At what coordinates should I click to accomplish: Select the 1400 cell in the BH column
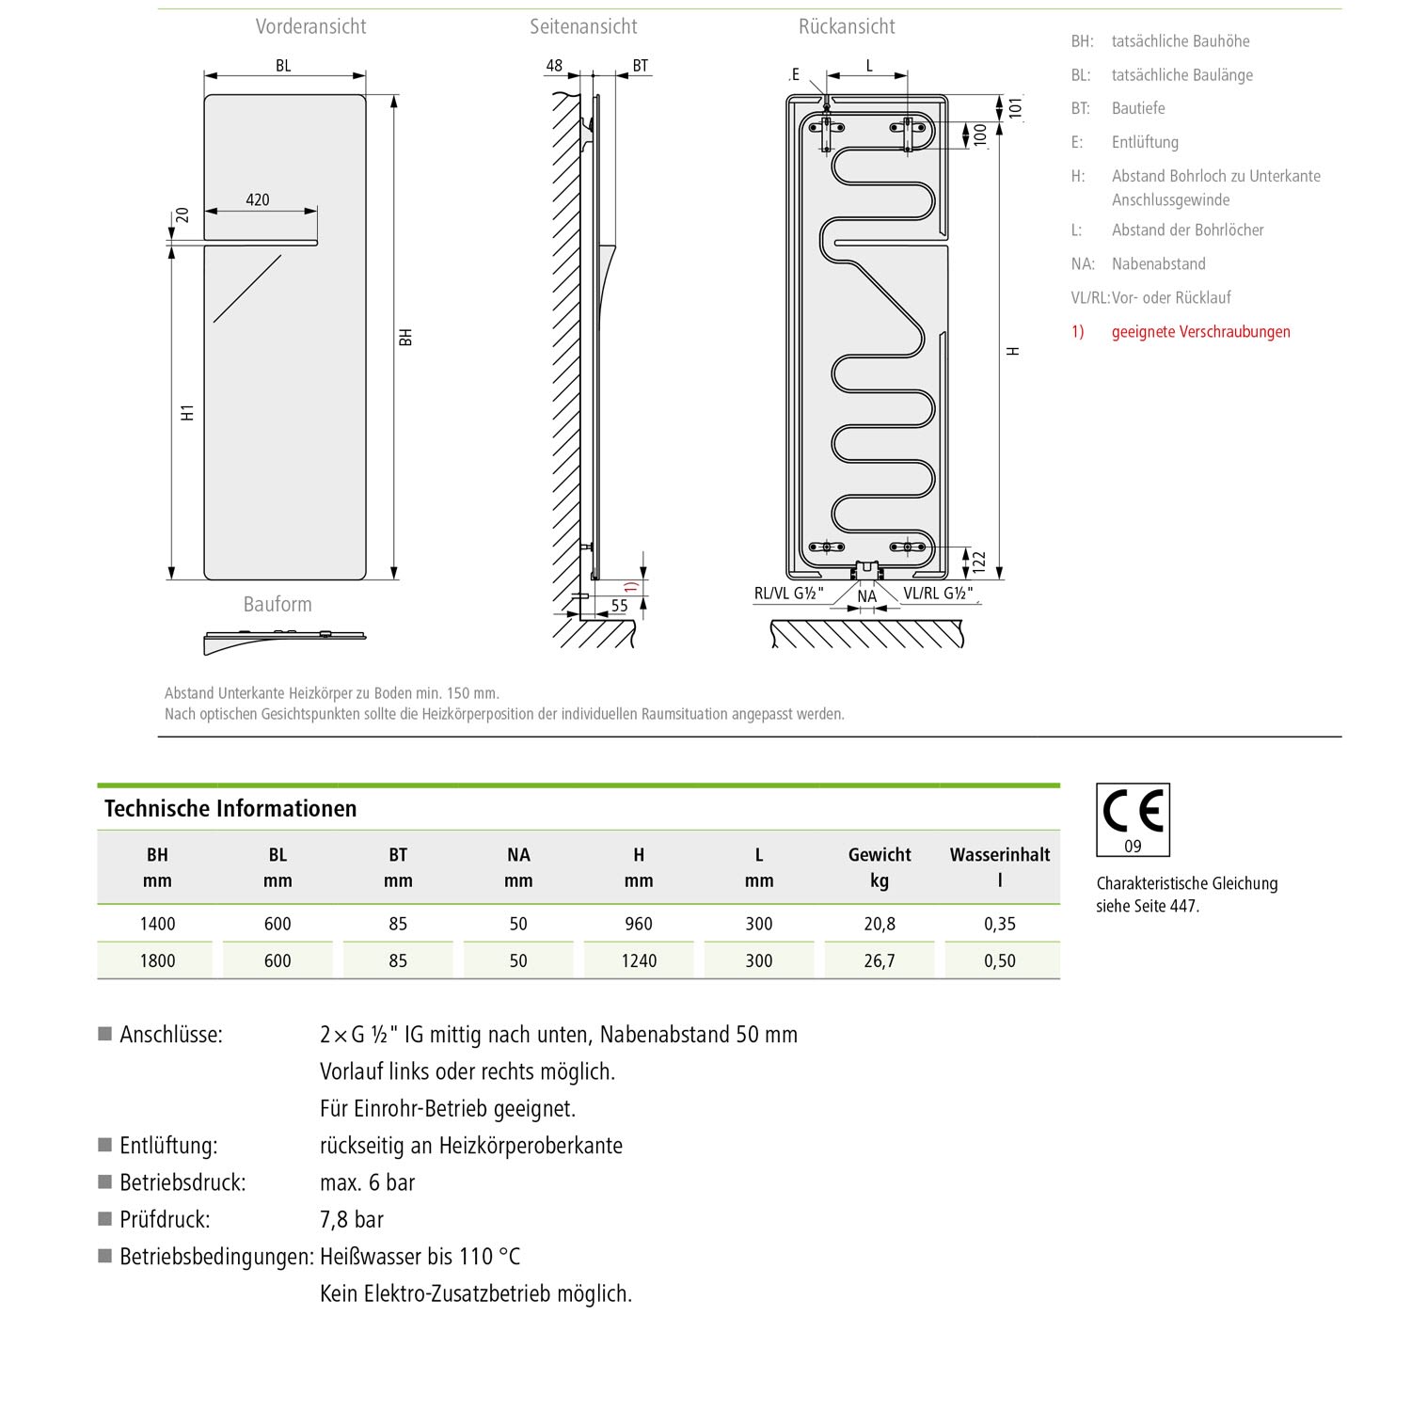tap(157, 924)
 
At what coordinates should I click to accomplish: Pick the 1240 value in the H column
tap(639, 960)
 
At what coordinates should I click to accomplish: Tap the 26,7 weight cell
tap(880, 960)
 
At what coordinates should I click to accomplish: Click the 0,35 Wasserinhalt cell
tap(1000, 924)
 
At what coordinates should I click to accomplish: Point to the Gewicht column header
tap(880, 855)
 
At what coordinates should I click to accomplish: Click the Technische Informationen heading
tap(230, 809)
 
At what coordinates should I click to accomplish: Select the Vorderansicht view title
tap(310, 26)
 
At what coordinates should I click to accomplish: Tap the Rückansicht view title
tap(847, 26)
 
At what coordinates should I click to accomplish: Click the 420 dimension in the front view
tap(257, 199)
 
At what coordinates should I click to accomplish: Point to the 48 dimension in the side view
tap(554, 66)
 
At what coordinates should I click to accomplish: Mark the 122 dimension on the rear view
tap(978, 563)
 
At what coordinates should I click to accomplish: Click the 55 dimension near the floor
tap(619, 606)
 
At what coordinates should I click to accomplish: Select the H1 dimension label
tap(188, 412)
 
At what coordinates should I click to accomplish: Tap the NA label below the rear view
tap(866, 596)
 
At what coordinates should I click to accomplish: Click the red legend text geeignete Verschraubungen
tap(1200, 331)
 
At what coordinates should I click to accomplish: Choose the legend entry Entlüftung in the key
tap(1145, 142)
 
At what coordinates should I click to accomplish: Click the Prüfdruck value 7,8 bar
tap(352, 1220)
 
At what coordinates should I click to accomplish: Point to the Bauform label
tap(277, 604)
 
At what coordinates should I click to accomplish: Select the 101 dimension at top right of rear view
tap(1015, 107)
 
